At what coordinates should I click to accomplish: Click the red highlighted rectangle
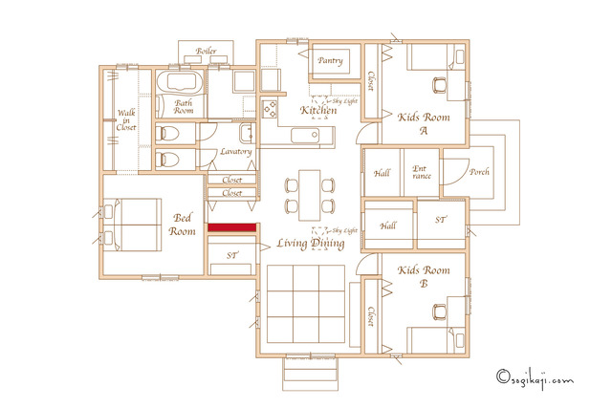[x=231, y=227]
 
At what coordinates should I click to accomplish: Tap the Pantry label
[x=330, y=61]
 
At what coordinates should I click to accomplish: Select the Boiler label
[x=207, y=51]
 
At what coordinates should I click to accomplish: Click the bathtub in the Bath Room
[x=180, y=82]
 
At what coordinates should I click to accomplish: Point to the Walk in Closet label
[x=126, y=119]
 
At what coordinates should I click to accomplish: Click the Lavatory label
[x=235, y=151]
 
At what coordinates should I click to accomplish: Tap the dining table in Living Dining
[x=310, y=196]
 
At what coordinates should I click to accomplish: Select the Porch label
[x=479, y=172]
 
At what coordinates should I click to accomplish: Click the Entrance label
[x=421, y=172]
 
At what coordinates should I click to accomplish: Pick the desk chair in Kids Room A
[x=440, y=85]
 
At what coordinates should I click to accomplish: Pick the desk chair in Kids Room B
[x=440, y=312]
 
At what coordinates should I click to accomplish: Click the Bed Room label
[x=182, y=225]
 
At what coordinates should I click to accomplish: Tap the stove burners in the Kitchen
[x=270, y=109]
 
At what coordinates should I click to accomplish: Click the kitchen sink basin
[x=305, y=136]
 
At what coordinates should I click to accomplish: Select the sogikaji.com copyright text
[x=535, y=378]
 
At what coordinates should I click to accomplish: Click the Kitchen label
[x=318, y=110]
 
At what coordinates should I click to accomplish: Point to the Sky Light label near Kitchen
[x=344, y=101]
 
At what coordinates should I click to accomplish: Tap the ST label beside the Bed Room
[x=231, y=255]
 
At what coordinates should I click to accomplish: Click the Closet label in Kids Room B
[x=371, y=316]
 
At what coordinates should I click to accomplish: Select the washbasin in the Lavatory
[x=247, y=133]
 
